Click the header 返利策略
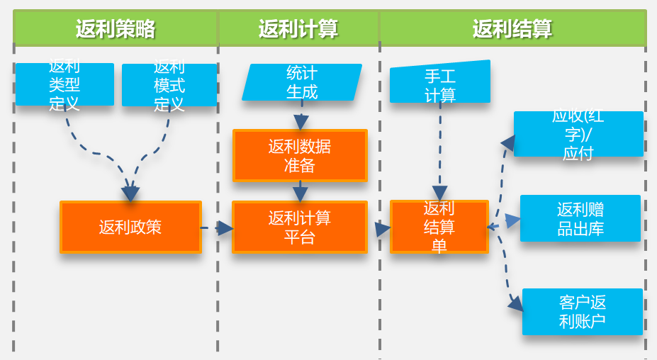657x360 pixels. [x=116, y=28]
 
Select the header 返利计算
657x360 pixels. [x=298, y=28]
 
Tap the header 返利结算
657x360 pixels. [x=512, y=28]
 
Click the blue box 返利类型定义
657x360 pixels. [x=64, y=84]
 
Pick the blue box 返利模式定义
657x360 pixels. [x=169, y=85]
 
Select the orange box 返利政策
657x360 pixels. [x=130, y=227]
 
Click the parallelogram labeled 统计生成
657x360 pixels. [x=302, y=82]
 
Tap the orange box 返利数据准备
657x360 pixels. [x=300, y=156]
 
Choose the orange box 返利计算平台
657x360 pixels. [x=300, y=227]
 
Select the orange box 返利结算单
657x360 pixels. [x=439, y=227]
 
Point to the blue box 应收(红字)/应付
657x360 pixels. [x=578, y=134]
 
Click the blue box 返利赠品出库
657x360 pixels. [x=580, y=218]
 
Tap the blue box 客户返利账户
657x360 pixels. [x=583, y=312]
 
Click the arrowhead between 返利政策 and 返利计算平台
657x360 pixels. [x=225, y=228]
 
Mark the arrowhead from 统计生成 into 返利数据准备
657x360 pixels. [x=301, y=123]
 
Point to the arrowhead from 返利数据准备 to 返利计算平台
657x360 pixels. [x=301, y=194]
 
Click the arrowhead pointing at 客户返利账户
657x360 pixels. [x=516, y=304]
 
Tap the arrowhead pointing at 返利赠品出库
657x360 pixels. [x=513, y=221]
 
